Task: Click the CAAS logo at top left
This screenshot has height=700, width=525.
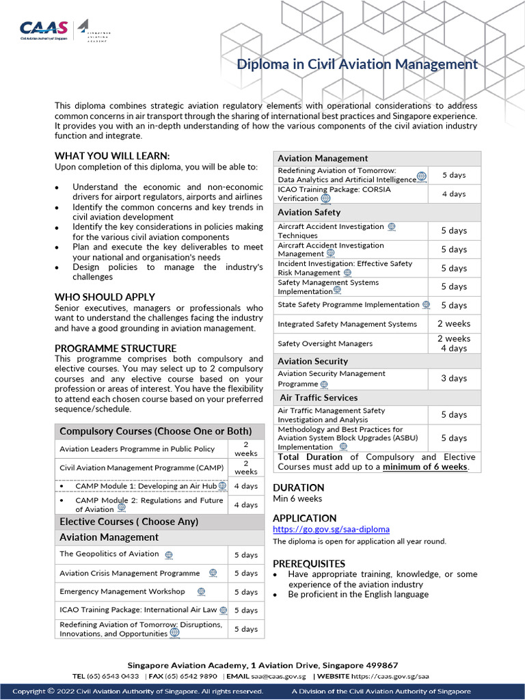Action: (44, 29)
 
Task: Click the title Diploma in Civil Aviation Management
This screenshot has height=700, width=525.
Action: (357, 64)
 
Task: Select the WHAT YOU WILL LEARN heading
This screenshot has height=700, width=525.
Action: (112, 156)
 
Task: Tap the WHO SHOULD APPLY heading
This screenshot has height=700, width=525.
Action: (105, 297)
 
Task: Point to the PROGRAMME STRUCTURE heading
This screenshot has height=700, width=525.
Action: (116, 348)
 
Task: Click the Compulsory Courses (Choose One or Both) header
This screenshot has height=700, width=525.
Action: (155, 431)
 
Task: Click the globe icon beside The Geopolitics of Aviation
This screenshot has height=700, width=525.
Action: (169, 554)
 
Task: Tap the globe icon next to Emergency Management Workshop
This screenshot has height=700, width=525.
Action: (201, 591)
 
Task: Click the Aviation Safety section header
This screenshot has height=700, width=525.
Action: (309, 212)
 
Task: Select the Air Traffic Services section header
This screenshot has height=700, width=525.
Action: (319, 397)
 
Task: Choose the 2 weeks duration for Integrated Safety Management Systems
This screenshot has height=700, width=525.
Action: (454, 323)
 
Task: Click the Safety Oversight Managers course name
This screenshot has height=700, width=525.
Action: (325, 343)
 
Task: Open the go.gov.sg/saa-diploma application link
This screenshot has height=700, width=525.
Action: (331, 529)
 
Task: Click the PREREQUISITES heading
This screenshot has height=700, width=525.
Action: (309, 563)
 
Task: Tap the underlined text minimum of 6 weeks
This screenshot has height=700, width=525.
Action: (425, 467)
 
